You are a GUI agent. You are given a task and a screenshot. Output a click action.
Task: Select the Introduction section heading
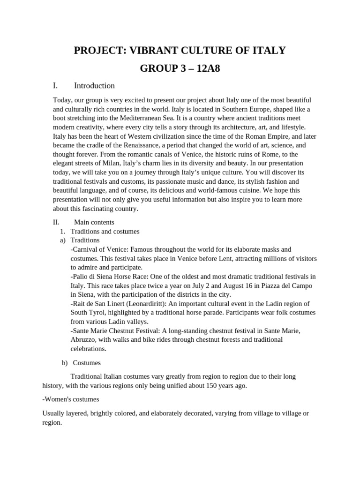coord(94,86)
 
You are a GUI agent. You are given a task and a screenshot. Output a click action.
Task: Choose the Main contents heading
coord(94,222)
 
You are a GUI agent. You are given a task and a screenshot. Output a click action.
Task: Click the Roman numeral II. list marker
coord(57,222)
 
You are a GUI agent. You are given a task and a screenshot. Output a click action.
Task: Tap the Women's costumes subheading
coord(70,399)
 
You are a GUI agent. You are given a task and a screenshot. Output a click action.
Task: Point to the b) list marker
coord(64,363)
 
